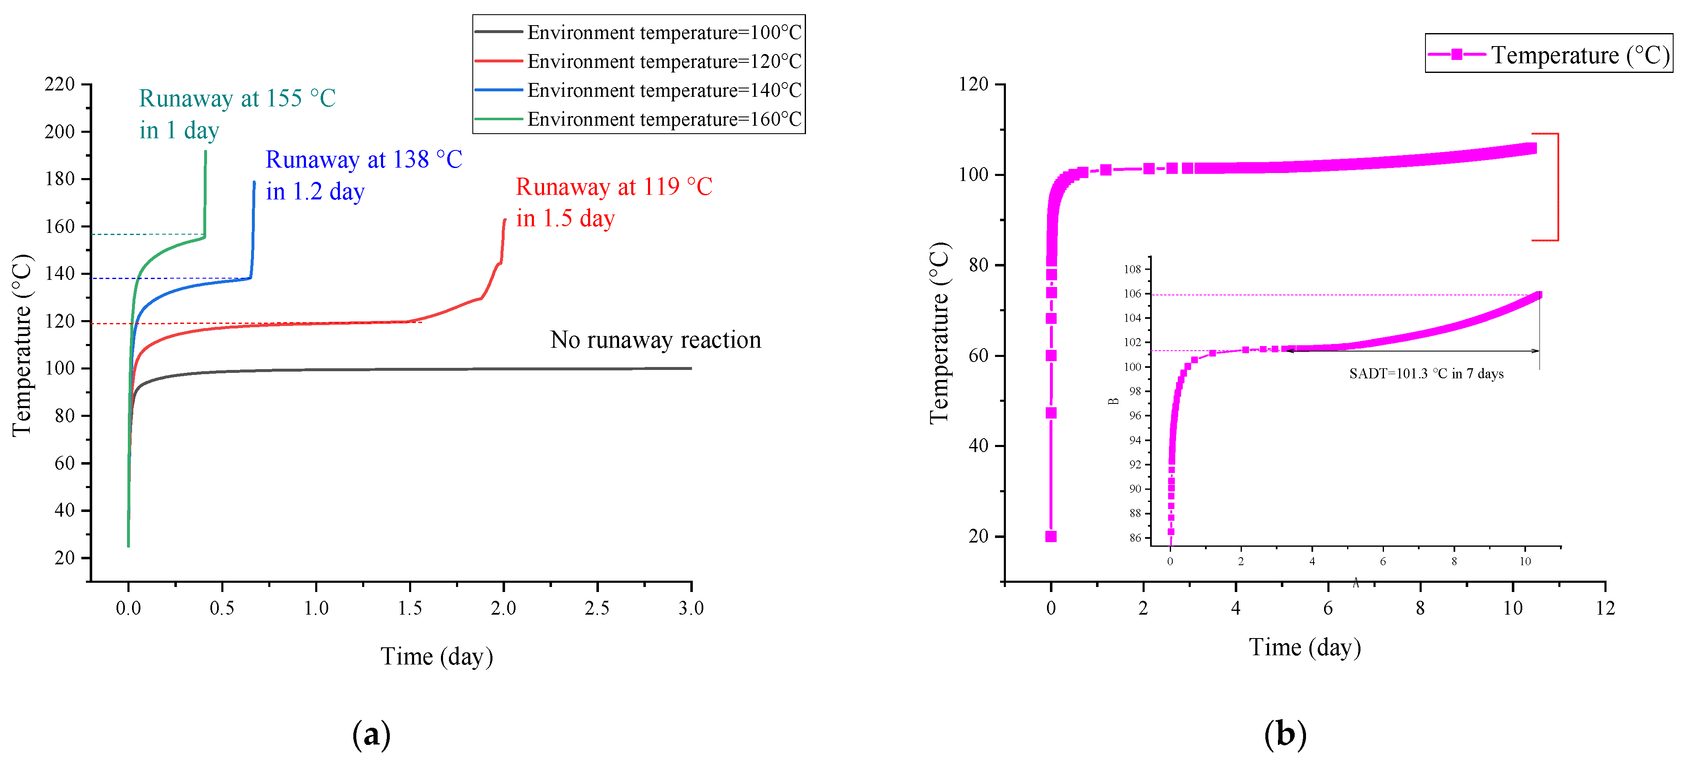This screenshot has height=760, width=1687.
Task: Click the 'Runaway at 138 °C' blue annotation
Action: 363,160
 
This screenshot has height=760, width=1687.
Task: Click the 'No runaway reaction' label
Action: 656,340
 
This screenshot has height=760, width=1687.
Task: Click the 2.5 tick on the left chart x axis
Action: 596,608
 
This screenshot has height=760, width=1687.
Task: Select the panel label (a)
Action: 371,734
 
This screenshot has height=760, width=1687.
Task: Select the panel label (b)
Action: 1285,734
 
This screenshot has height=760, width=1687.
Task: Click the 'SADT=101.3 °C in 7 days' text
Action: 1426,374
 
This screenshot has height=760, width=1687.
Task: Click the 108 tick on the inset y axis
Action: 1132,269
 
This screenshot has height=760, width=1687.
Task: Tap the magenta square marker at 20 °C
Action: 1050,536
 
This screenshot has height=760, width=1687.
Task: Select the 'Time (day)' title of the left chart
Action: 436,656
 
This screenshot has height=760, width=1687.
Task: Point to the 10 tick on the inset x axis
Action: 1525,561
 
